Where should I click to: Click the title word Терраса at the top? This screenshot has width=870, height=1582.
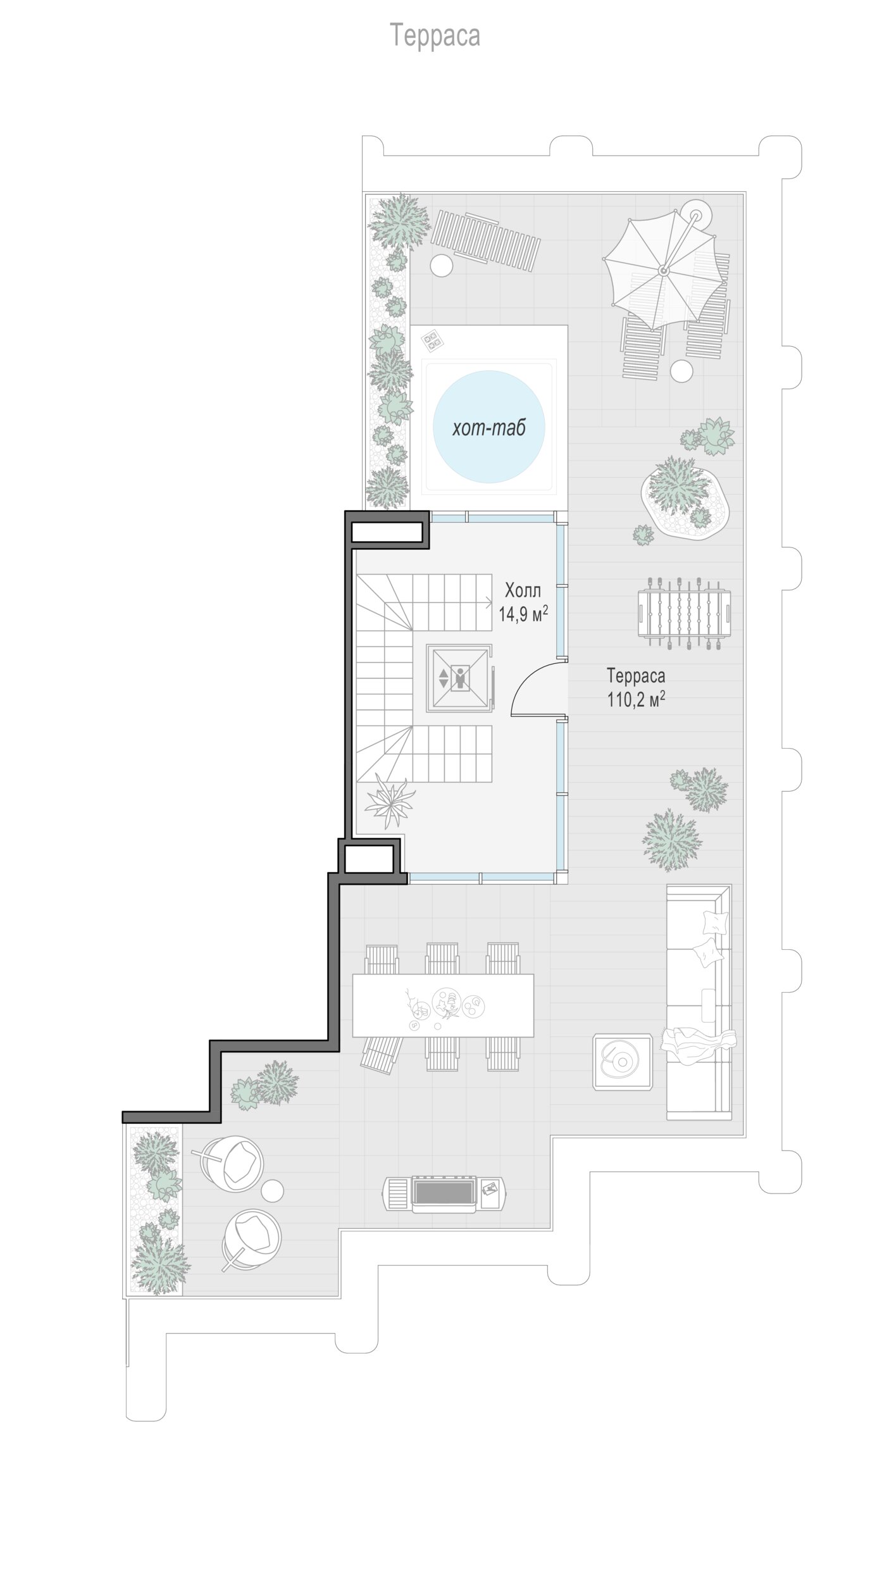point(435,35)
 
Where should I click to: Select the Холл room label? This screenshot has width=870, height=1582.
point(523,591)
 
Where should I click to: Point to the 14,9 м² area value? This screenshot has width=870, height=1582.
point(523,614)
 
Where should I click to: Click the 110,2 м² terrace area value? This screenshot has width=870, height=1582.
point(636,699)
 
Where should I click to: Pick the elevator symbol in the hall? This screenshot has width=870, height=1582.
point(459,678)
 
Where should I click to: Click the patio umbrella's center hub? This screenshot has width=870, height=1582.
point(663,270)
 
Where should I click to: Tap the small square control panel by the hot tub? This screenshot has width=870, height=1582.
point(433,341)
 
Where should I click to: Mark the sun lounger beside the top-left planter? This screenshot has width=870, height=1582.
point(485,240)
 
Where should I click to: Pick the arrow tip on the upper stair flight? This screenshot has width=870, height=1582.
point(493,602)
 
